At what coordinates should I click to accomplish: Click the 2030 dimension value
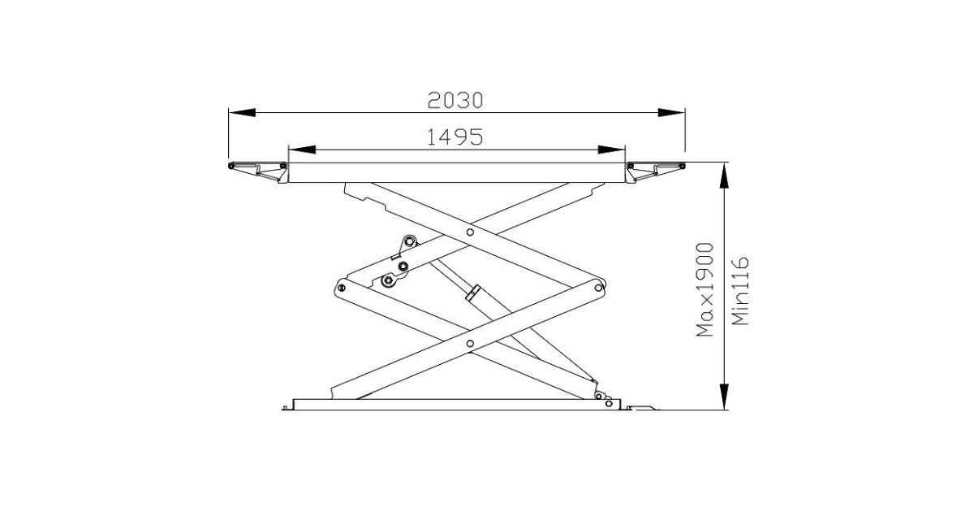coord(455,101)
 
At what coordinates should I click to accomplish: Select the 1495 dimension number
coord(455,137)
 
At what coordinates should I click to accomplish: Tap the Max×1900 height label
coord(705,290)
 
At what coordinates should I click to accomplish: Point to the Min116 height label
coord(740,291)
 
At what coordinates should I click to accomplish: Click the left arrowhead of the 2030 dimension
coord(242,112)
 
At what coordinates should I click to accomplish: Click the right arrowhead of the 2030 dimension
coord(671,112)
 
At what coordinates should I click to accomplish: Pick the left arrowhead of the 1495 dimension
coord(302,150)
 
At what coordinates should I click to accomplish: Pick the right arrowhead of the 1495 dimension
coord(611,150)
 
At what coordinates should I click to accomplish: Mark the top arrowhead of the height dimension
coord(724,176)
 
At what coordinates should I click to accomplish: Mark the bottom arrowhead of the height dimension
coord(724,397)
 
